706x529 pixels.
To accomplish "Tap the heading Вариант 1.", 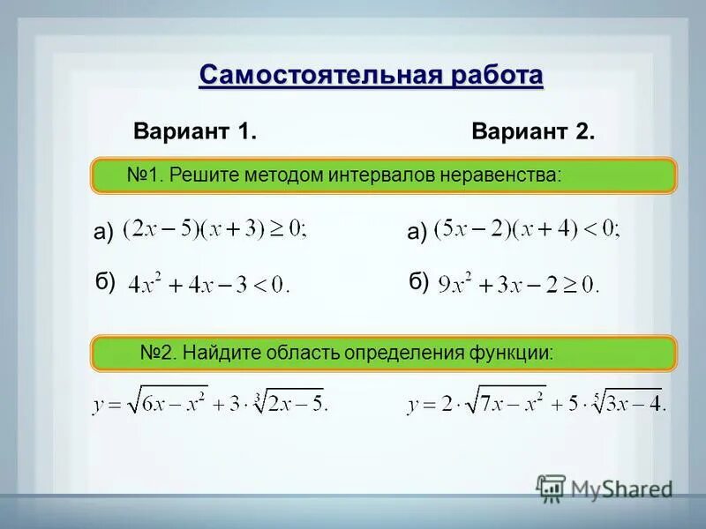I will (195, 133).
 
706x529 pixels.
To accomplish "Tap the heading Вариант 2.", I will (533, 133).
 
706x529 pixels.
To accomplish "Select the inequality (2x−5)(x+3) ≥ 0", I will (215, 229).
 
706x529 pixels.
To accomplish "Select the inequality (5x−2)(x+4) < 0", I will (527, 229).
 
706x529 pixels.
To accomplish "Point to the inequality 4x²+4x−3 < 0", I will (208, 285).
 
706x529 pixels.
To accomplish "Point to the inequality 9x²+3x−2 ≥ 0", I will (518, 283).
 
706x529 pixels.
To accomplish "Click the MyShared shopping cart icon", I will (552, 488).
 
